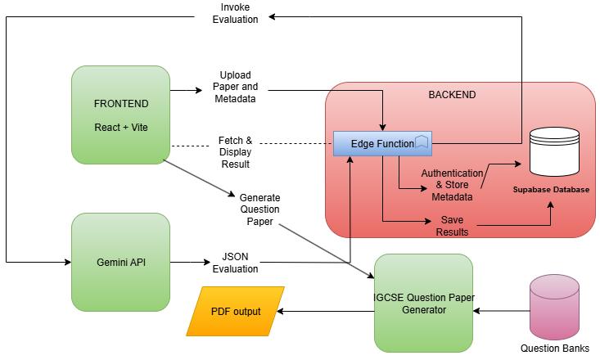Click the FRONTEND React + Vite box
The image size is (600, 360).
[120, 114]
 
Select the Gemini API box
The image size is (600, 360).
[120, 262]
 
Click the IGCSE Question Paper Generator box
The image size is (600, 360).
[423, 303]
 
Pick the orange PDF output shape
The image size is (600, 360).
[235, 311]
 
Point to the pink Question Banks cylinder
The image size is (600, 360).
[555, 306]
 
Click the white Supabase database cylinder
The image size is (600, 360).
[554, 151]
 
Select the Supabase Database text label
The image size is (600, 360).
[551, 190]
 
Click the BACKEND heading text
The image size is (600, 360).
[452, 95]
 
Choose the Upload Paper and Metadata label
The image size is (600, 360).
[235, 87]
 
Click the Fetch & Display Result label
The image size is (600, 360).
[235, 152]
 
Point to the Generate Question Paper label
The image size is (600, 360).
[259, 209]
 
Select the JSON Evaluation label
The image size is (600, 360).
[240, 262]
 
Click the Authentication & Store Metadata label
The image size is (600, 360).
[451, 185]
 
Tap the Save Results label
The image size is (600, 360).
[452, 226]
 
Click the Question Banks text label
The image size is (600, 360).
[555, 348]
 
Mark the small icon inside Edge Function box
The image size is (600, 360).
[422, 142]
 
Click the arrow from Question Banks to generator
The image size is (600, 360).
[501, 311]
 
